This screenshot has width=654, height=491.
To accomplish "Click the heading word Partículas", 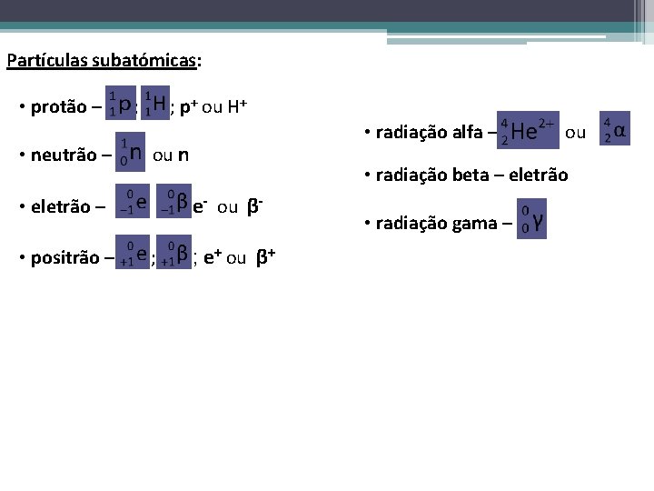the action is (40, 62).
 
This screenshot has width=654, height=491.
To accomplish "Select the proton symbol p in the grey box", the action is (124, 105).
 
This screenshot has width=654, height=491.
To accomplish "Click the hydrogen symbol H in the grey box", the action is (159, 105).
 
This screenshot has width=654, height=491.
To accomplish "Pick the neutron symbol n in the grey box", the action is (134, 153).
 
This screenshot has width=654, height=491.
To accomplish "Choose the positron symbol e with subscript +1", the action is (142, 256).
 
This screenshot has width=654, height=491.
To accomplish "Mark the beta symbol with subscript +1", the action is (182, 256).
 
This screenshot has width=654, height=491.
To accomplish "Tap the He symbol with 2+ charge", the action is (525, 131).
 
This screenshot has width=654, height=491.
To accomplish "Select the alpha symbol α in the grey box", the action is (619, 129).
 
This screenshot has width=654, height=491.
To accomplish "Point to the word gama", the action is (470, 224).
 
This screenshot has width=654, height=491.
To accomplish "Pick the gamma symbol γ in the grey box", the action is (539, 220).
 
